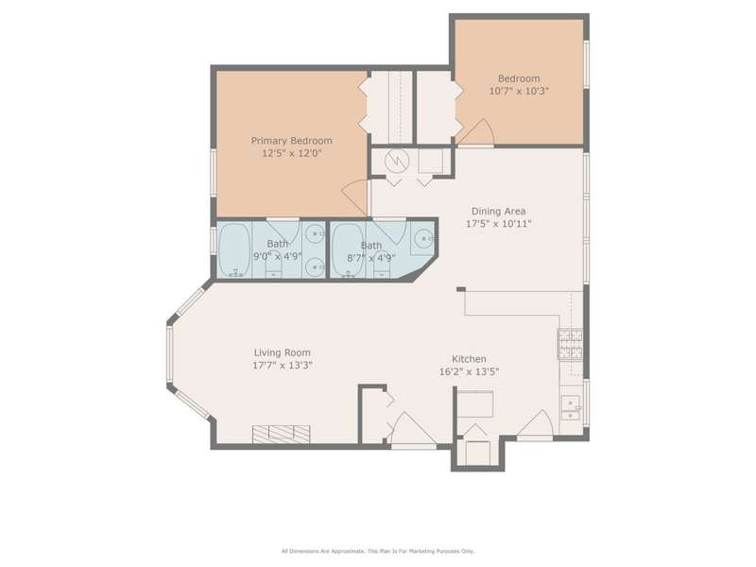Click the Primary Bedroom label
point(292,141)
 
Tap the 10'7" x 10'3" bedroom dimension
point(519,91)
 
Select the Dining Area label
point(499,211)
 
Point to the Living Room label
point(282,352)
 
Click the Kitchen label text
point(469,359)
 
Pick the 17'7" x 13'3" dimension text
point(283,366)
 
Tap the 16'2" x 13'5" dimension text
point(469,371)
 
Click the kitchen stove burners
point(570,344)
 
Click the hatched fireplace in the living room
point(281,434)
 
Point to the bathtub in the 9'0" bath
point(234,249)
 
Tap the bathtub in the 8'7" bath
point(348,250)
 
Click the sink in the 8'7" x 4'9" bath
point(423,239)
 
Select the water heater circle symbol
point(397,160)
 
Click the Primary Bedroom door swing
point(355,198)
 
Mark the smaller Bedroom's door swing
point(475,131)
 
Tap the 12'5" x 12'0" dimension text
point(292,153)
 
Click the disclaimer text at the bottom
point(378,551)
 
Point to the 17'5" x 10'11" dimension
point(499,224)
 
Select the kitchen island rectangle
point(475,404)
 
